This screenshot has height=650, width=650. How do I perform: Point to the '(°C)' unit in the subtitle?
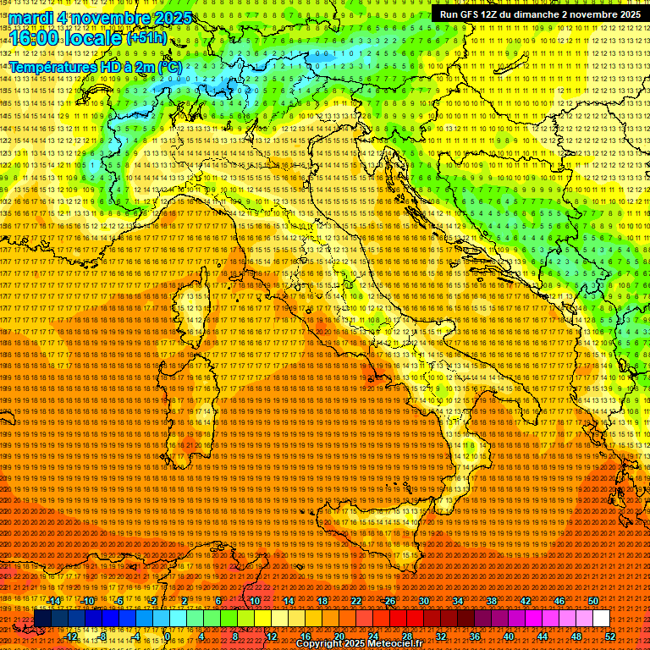[168, 66]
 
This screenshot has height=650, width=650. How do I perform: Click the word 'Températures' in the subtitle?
[51, 66]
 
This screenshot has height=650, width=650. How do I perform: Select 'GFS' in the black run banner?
[476, 14]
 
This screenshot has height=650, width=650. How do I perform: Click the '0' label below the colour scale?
[168, 636]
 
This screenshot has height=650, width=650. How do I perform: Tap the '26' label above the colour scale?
[390, 601]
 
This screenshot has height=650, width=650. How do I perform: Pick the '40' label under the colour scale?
[509, 636]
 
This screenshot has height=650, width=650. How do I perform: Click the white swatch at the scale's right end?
[601, 618]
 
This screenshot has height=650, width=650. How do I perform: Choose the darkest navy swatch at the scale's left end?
[42, 618]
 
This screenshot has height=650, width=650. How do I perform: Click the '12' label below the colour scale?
[272, 636]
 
